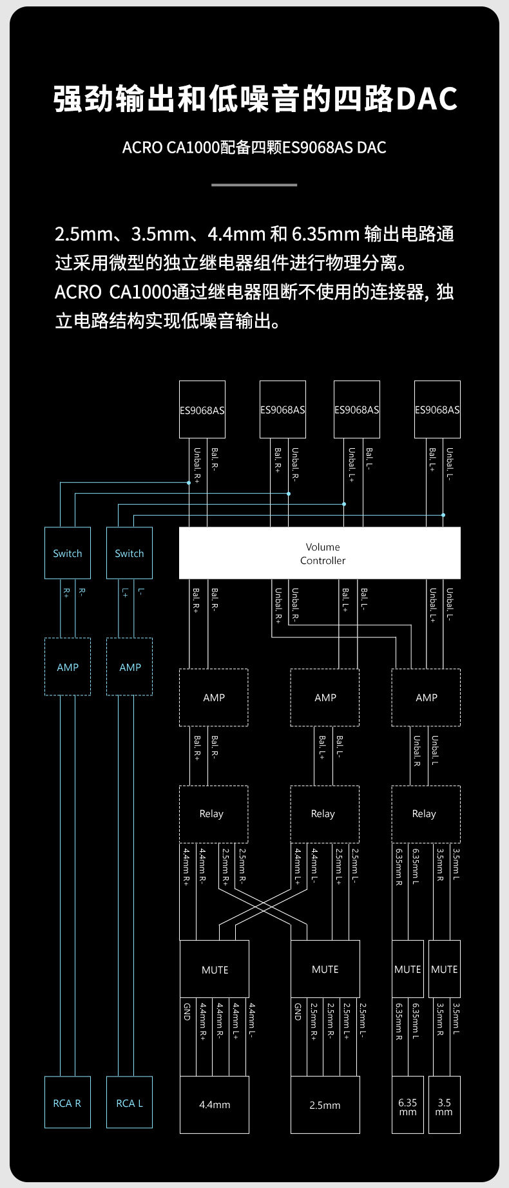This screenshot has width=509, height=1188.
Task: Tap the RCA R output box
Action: click(x=67, y=1103)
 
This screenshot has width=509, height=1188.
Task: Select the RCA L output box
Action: click(x=130, y=1103)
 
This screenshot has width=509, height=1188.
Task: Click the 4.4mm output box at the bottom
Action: click(x=214, y=1105)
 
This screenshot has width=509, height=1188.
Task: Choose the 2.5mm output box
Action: click(x=325, y=1105)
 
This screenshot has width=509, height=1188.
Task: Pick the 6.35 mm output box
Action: click(x=407, y=1106)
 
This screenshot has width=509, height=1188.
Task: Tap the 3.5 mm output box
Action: click(x=444, y=1106)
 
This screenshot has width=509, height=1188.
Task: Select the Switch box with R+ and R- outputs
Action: click(x=67, y=553)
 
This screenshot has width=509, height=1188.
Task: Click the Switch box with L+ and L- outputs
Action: click(x=130, y=553)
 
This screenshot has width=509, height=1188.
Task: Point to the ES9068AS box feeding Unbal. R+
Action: click(x=202, y=410)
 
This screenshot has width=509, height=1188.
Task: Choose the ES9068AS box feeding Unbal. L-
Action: click(x=437, y=410)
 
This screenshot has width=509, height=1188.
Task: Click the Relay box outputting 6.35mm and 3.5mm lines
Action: click(x=425, y=814)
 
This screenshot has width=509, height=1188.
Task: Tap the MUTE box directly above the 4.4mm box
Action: click(x=215, y=970)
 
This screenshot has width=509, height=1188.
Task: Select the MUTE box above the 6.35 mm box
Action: click(x=407, y=969)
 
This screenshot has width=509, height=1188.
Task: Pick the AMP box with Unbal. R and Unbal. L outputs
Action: click(x=426, y=697)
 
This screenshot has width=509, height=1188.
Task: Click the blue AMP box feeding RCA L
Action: click(x=130, y=667)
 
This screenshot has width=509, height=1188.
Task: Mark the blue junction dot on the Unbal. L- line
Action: click(x=443, y=515)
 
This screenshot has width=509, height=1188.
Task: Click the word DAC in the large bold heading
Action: click(x=426, y=99)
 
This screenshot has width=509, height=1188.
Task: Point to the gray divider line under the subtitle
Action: click(x=254, y=185)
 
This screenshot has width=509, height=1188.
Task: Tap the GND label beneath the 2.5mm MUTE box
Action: click(x=298, y=1011)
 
